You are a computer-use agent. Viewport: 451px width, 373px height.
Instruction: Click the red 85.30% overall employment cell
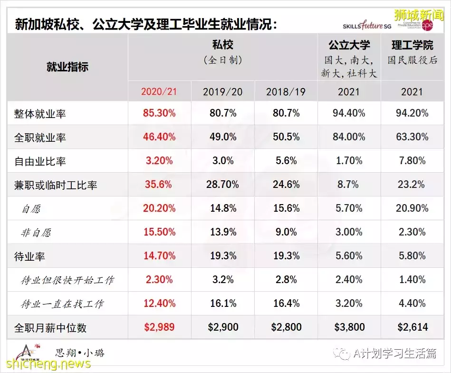click(159, 113)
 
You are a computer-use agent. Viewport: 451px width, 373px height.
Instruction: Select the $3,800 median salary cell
click(348, 327)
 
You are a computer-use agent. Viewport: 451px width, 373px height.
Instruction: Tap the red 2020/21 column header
click(159, 91)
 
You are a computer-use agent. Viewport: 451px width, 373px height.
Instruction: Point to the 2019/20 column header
click(222, 91)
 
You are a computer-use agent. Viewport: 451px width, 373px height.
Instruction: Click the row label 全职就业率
click(40, 138)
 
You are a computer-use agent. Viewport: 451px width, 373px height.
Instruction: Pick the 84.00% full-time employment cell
click(348, 137)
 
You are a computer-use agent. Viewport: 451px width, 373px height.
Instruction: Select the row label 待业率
click(30, 257)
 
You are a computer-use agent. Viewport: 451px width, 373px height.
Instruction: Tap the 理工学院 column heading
click(412, 46)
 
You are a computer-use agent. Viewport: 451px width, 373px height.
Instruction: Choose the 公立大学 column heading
click(349, 46)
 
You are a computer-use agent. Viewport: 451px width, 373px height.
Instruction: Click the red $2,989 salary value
click(159, 327)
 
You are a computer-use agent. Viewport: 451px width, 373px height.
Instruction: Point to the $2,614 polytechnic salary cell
click(412, 327)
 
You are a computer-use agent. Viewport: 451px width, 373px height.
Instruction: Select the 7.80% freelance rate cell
click(412, 161)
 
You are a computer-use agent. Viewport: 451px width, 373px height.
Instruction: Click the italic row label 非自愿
click(36, 233)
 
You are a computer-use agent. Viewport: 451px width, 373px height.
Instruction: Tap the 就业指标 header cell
click(67, 67)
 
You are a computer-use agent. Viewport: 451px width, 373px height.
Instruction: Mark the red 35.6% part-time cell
click(159, 185)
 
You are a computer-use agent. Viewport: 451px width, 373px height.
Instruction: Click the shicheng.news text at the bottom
click(46, 364)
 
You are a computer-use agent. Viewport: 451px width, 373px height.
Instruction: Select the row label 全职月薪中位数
click(50, 328)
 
